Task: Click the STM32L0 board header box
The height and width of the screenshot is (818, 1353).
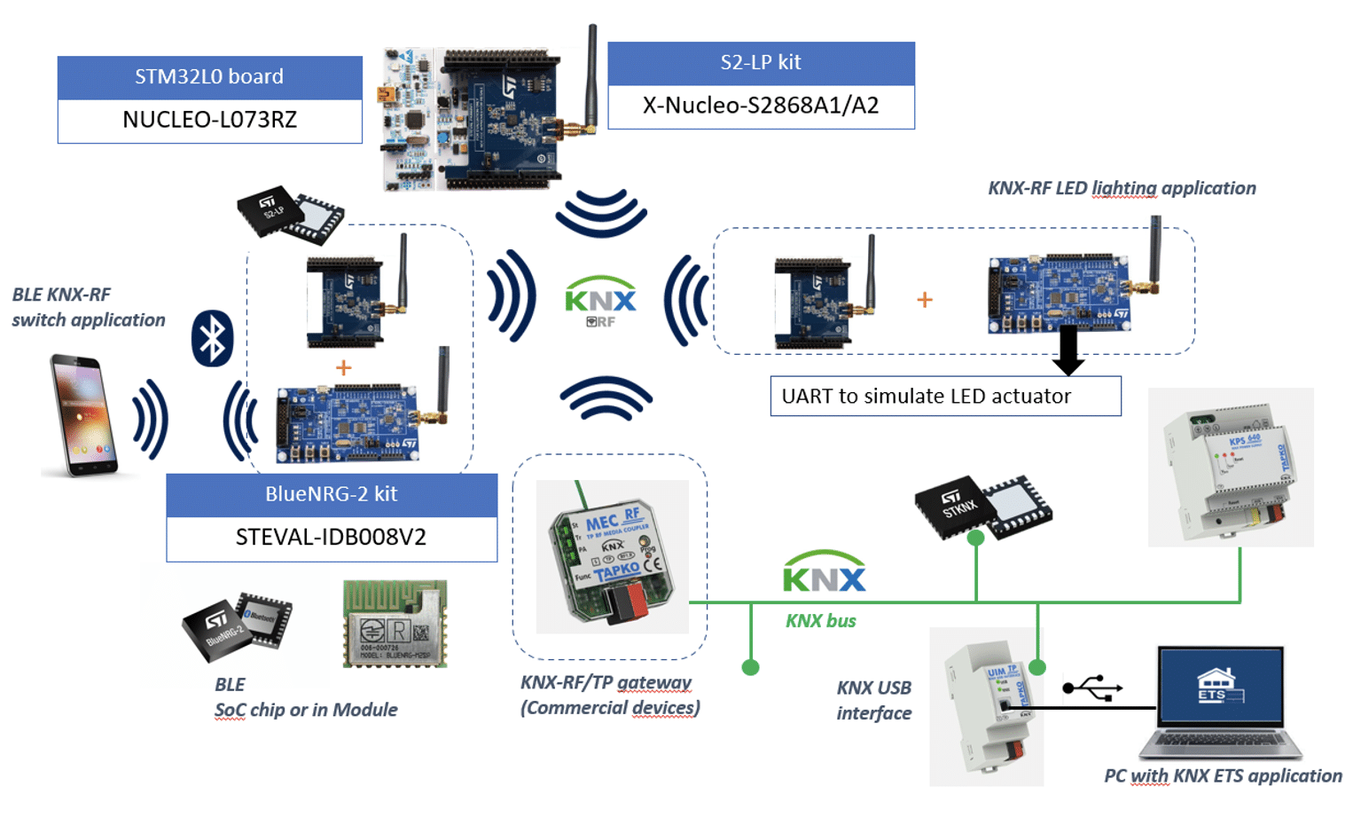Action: [x=209, y=77]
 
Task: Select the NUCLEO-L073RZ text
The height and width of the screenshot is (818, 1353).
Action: [x=209, y=120]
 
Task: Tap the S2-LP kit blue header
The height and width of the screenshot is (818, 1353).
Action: [x=761, y=63]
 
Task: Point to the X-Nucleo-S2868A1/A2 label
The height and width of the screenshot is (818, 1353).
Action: [x=761, y=106]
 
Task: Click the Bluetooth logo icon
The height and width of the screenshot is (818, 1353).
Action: [x=212, y=338]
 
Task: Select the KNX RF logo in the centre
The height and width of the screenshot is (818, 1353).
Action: [x=601, y=301]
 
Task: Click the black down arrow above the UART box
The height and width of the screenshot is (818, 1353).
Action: [x=1068, y=350]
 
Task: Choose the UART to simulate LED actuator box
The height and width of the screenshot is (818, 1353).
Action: [x=945, y=396]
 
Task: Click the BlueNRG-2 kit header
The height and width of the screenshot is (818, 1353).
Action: [x=331, y=494]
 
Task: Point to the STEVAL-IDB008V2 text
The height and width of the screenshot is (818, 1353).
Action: [x=331, y=538]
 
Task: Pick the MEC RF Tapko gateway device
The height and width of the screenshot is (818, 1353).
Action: [x=612, y=556]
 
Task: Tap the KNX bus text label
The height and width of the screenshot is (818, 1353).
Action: [x=820, y=621]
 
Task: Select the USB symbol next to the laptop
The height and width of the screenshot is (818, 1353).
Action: [x=1092, y=688]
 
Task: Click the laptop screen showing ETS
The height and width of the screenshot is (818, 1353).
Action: [x=1220, y=688]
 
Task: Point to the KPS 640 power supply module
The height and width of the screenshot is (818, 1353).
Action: [x=1231, y=468]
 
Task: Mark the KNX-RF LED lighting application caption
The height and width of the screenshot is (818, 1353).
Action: [x=1122, y=188]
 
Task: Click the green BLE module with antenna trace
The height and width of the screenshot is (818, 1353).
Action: [x=395, y=624]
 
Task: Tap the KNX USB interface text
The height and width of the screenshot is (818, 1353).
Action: [x=873, y=700]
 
